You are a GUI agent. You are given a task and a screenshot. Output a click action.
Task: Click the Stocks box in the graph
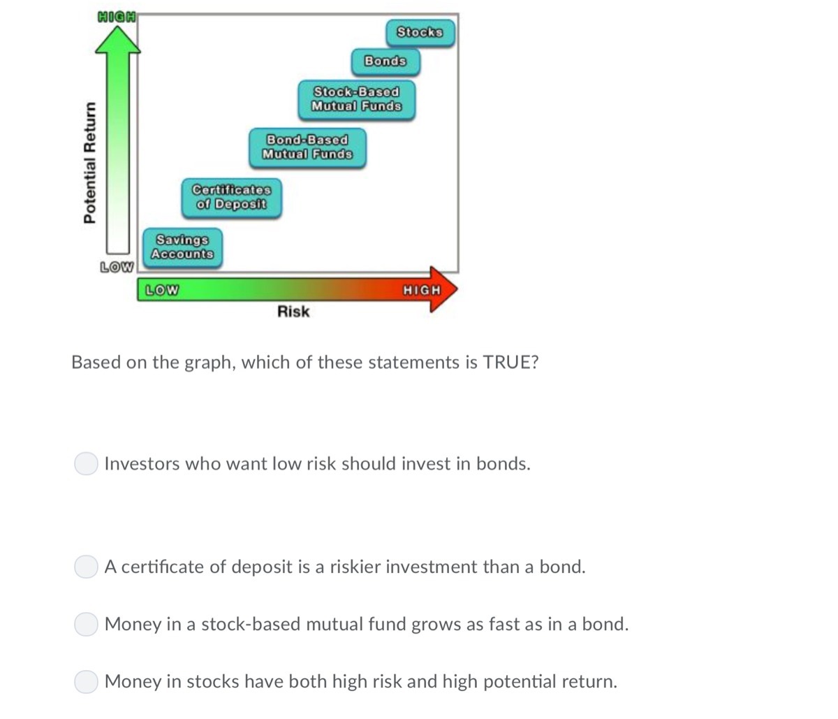[420, 32]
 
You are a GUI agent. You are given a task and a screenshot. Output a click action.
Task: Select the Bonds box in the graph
[385, 61]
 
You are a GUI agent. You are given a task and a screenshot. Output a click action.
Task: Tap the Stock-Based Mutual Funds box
[356, 99]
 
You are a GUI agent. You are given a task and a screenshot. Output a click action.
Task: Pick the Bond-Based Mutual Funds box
[307, 147]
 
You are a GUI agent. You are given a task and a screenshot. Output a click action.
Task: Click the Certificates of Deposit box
[231, 197]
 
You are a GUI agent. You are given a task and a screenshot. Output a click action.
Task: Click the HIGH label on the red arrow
[422, 289]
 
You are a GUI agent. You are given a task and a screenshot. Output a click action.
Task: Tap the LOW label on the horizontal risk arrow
[161, 289]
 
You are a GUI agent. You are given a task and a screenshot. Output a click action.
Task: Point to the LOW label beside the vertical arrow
[117, 267]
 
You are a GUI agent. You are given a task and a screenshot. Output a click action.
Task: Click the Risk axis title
[293, 312]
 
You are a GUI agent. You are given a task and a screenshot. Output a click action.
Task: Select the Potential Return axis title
[89, 162]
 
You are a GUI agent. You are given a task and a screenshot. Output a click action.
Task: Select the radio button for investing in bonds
[86, 463]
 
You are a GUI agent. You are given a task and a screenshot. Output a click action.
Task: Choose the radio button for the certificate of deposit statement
[86, 567]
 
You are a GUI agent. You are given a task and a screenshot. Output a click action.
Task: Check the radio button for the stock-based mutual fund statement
[86, 624]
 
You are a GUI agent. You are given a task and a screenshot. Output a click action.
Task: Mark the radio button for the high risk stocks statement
[86, 681]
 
